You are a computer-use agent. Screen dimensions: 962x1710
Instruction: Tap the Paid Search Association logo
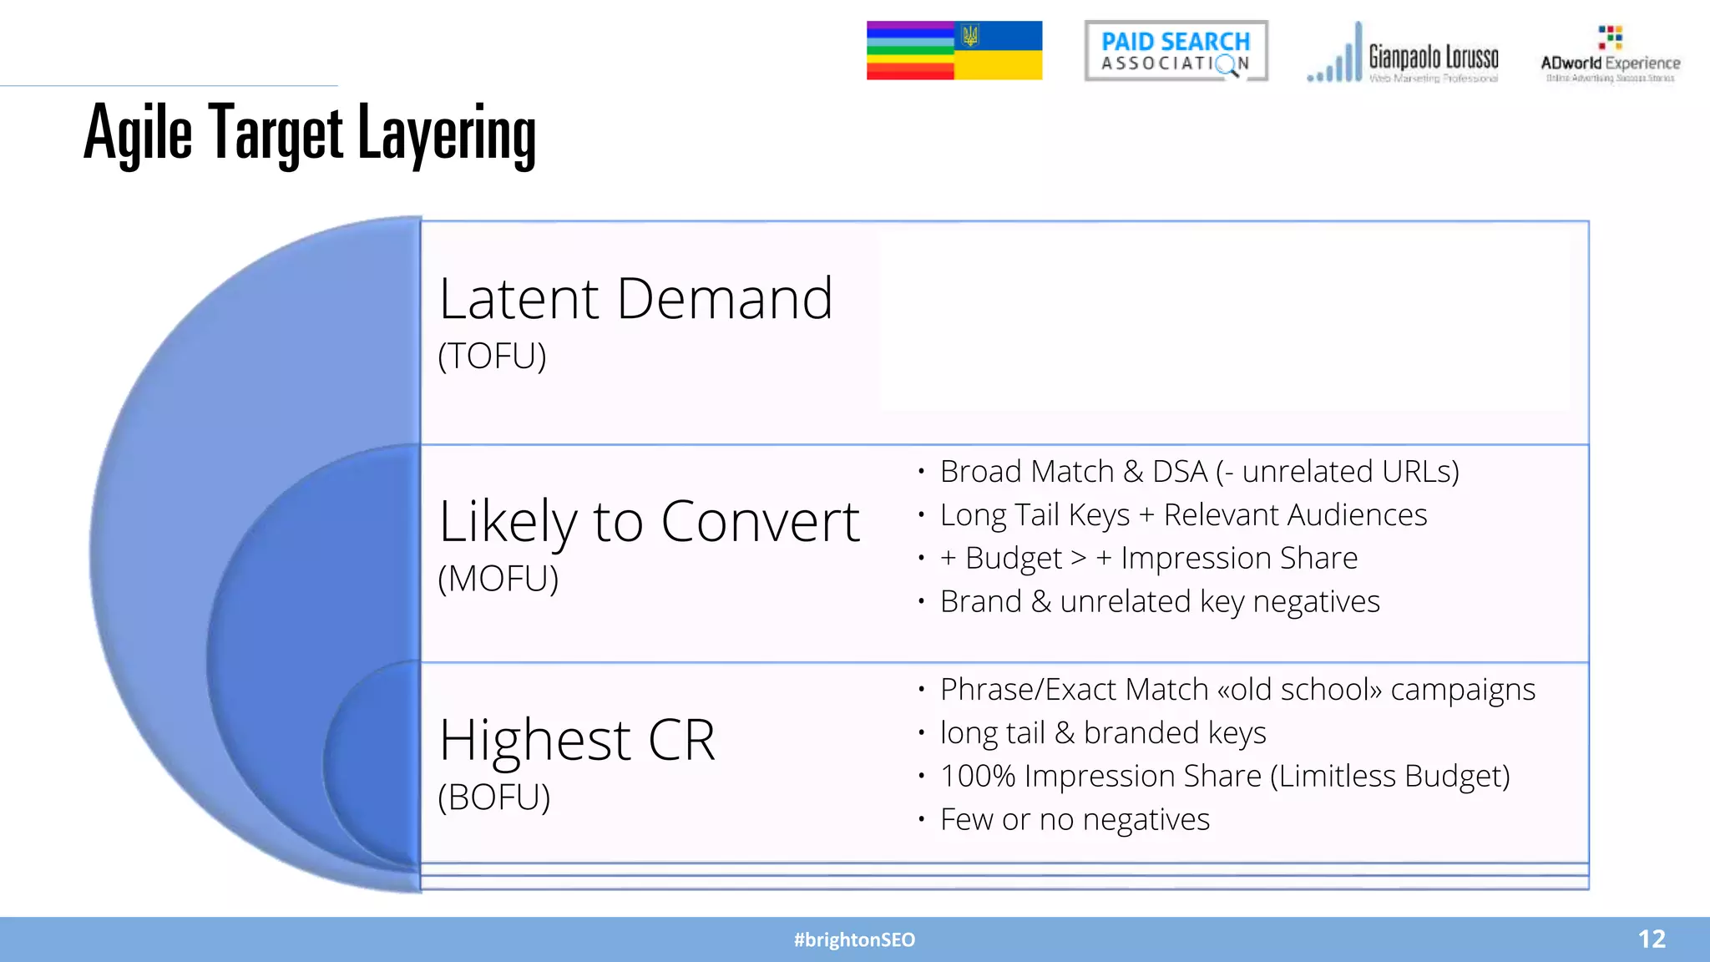click(1176, 51)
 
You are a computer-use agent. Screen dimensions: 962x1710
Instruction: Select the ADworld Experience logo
click(1610, 55)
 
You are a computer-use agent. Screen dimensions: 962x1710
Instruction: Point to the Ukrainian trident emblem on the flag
click(970, 35)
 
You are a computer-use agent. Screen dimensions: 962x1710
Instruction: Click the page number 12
click(1652, 939)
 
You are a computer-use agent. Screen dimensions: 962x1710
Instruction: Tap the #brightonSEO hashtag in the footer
click(854, 939)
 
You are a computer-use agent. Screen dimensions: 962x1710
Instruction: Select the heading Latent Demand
click(635, 299)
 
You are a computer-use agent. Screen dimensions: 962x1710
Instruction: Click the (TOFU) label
click(492, 357)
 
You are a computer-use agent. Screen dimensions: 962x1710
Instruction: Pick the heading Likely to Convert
click(649, 522)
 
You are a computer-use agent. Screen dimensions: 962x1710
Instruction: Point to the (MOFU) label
click(498, 579)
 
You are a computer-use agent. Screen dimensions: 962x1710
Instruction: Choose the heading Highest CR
click(577, 740)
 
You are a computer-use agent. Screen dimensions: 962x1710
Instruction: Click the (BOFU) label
click(493, 797)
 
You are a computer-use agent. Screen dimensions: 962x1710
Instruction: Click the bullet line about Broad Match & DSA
click(1199, 472)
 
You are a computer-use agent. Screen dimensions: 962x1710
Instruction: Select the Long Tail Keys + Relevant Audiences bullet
click(1183, 515)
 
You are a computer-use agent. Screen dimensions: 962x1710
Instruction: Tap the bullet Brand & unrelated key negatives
click(1160, 601)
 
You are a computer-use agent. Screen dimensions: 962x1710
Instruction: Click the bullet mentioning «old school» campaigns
click(1237, 690)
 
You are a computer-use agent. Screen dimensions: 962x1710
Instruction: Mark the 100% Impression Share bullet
click(1225, 777)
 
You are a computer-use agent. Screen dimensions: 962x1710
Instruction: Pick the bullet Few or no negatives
click(1075, 820)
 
